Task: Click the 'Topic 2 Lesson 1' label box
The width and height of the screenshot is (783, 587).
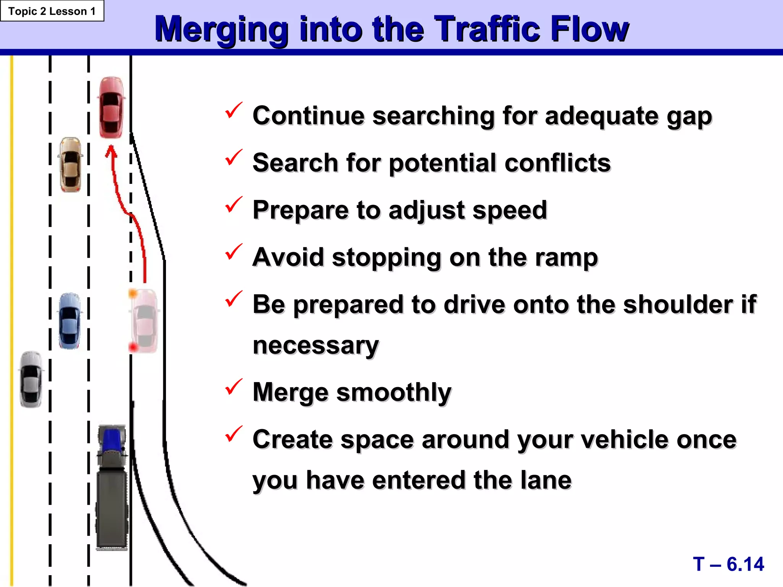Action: [x=52, y=11]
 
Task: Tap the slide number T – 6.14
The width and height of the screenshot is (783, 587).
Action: [x=728, y=564]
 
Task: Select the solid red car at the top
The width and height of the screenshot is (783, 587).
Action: [x=111, y=107]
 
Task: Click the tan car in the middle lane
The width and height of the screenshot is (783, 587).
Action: [x=71, y=165]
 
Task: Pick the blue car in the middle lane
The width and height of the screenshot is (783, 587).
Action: [x=70, y=321]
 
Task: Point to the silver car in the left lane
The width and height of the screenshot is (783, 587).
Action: [x=31, y=379]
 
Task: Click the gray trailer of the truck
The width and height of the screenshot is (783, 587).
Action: [x=112, y=508]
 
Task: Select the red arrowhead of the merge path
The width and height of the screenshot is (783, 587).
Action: [x=111, y=151]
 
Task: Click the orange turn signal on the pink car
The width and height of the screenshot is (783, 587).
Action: [x=133, y=293]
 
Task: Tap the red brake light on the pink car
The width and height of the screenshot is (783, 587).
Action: [x=133, y=347]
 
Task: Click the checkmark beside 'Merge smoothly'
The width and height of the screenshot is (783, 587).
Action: [x=233, y=387]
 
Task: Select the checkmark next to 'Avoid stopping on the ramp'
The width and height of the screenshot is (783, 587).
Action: [x=233, y=252]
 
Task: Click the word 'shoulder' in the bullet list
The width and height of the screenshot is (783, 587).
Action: [x=678, y=305]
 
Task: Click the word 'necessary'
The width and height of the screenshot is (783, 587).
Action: [x=316, y=345]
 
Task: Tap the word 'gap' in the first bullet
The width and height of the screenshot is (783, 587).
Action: [x=689, y=116]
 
